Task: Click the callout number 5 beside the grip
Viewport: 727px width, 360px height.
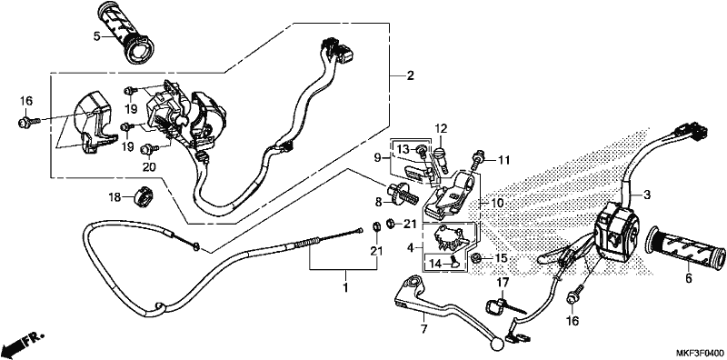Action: [96, 36]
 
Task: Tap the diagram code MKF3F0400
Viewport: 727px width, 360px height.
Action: [699, 354]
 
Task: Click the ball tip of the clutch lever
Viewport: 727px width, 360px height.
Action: [496, 345]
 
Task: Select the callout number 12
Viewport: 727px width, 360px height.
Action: [441, 128]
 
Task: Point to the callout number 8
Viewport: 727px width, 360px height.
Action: [378, 202]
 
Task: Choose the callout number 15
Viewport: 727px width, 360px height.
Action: [502, 257]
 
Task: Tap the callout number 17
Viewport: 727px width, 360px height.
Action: [503, 282]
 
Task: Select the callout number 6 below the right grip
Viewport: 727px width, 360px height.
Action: [689, 279]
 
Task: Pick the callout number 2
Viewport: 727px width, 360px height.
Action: [410, 75]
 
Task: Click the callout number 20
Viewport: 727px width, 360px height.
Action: [148, 166]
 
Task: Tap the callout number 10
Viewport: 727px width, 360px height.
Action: [497, 204]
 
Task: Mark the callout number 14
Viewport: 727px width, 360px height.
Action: [435, 264]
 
